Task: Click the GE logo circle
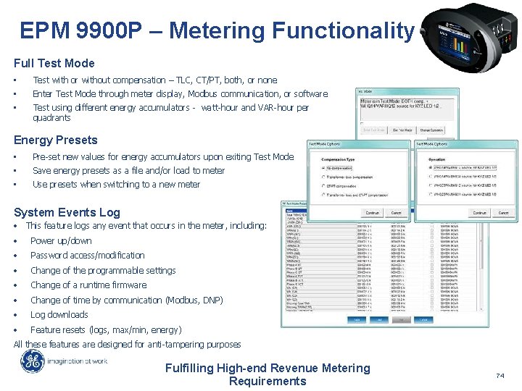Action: (32, 361)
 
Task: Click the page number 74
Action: (499, 376)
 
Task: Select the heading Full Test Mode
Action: (54, 63)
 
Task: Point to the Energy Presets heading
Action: (55, 140)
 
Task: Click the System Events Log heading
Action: (67, 212)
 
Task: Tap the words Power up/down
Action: (61, 240)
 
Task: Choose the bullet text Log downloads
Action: (59, 314)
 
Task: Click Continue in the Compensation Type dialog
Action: (372, 213)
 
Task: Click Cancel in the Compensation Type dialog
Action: (397, 213)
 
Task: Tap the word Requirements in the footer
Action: (268, 381)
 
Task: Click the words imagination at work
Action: (78, 361)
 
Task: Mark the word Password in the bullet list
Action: (51, 255)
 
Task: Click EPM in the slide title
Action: (46, 31)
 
